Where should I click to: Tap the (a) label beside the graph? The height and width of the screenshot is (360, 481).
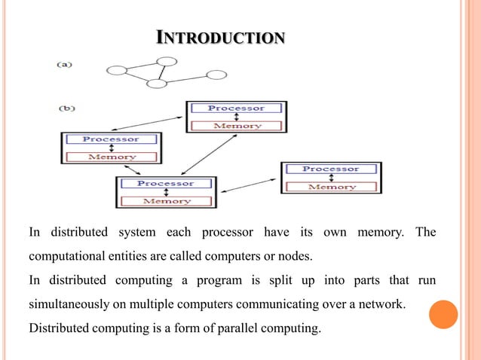[x=65, y=64]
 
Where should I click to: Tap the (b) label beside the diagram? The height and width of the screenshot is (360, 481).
[x=66, y=108]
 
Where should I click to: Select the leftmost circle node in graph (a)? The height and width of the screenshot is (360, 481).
[x=117, y=71]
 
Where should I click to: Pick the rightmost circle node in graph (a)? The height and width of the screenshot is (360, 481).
[x=216, y=75]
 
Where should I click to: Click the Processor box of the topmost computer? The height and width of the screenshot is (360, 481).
[x=236, y=108]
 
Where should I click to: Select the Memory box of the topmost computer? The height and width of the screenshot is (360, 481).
[x=236, y=126]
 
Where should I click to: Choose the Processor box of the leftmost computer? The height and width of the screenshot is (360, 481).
[x=111, y=139]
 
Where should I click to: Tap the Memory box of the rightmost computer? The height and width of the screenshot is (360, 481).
[x=331, y=186]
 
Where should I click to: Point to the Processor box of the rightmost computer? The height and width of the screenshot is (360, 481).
[x=331, y=169]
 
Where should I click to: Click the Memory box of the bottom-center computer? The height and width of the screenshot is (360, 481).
[x=166, y=201]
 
